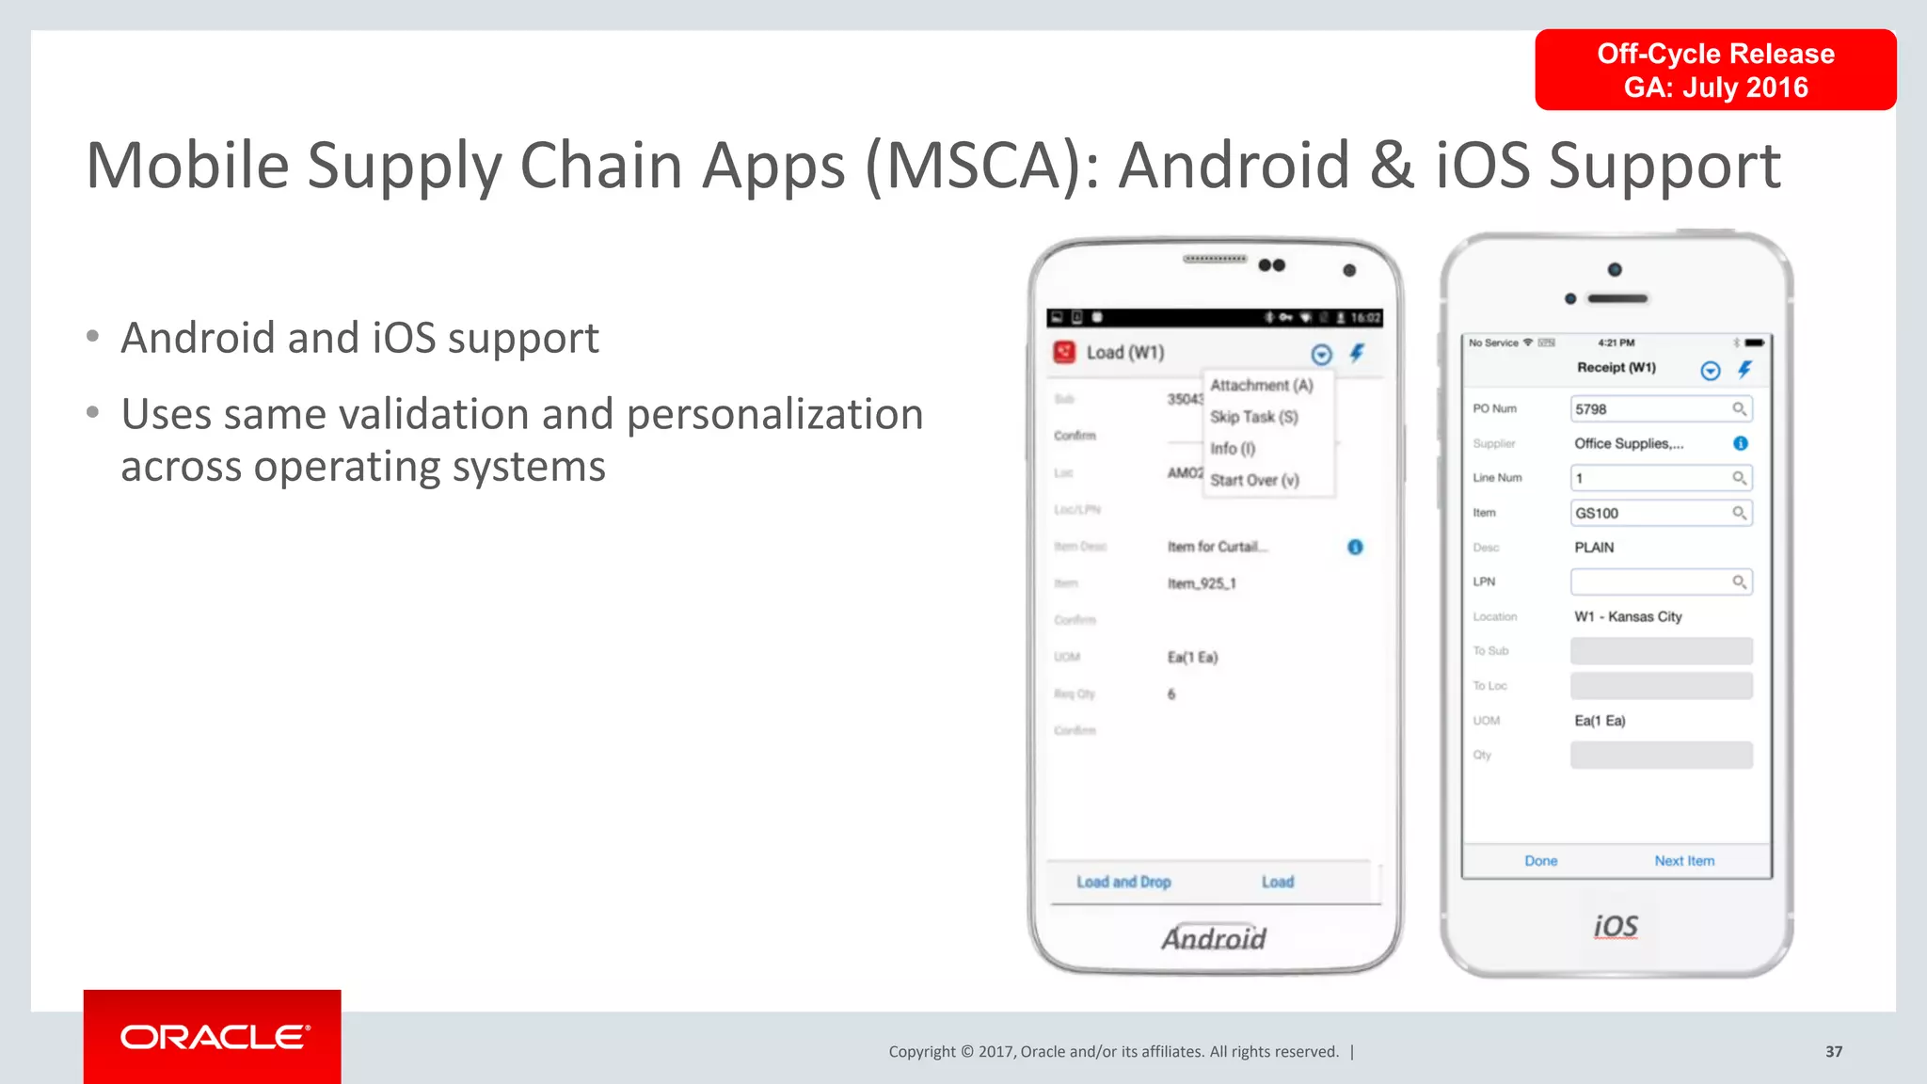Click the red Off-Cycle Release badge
click(x=1715, y=70)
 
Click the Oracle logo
click(x=214, y=1037)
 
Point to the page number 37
click(x=1834, y=1052)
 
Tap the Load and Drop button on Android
click(x=1123, y=883)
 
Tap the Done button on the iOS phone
click(x=1540, y=861)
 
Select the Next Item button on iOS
click(x=1684, y=861)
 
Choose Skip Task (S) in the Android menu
click(x=1253, y=417)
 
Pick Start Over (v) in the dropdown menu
click(x=1254, y=480)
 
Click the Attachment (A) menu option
click(x=1261, y=386)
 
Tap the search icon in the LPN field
click(x=1740, y=582)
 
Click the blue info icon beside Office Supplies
click(x=1741, y=443)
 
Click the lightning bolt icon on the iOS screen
click(x=1745, y=369)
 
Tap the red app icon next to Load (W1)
click(x=1064, y=352)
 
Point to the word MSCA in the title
click(x=974, y=166)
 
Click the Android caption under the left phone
click(x=1214, y=938)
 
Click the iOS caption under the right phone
click(x=1616, y=927)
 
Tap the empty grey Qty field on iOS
click(x=1661, y=755)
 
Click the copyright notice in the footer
click(x=1113, y=1052)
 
